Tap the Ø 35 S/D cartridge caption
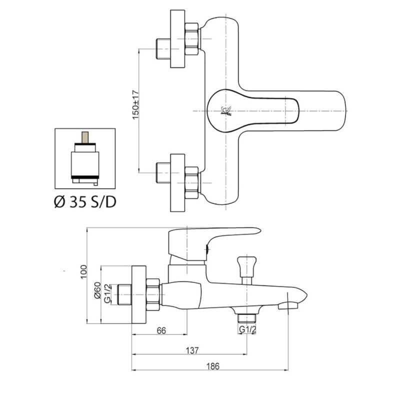(x=85, y=201)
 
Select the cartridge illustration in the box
(x=85, y=156)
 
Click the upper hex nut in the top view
(x=192, y=38)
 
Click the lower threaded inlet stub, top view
(x=163, y=171)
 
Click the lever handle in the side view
(x=215, y=237)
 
